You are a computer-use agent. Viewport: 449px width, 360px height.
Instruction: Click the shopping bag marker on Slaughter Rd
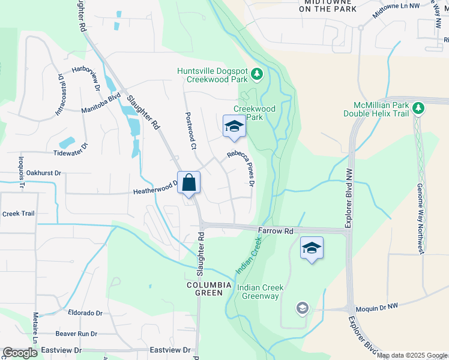coord(188,182)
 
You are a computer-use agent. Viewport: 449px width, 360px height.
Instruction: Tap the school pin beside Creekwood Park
coord(234,126)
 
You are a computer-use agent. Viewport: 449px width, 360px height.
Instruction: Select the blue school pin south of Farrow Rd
coord(312,248)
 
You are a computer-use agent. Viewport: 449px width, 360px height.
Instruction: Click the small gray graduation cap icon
coord(303,308)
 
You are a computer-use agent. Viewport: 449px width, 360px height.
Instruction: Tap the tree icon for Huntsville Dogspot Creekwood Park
coord(257,74)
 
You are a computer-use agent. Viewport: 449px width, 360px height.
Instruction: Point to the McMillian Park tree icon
coord(418,109)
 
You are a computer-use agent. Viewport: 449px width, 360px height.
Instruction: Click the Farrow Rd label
coord(276,231)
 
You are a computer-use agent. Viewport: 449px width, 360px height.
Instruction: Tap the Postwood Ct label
coord(190,131)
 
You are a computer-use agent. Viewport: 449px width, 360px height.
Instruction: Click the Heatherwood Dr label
coord(155,191)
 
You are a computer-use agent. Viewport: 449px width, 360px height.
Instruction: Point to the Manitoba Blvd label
coord(101,103)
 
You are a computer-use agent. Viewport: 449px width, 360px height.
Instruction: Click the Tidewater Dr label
coord(70,152)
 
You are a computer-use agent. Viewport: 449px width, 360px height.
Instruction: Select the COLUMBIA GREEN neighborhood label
coord(208,289)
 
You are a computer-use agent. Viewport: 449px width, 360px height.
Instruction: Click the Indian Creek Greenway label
coord(258,292)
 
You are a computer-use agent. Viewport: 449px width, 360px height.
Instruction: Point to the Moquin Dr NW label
coord(376,306)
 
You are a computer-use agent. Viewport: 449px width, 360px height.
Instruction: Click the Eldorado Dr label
coord(85,313)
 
